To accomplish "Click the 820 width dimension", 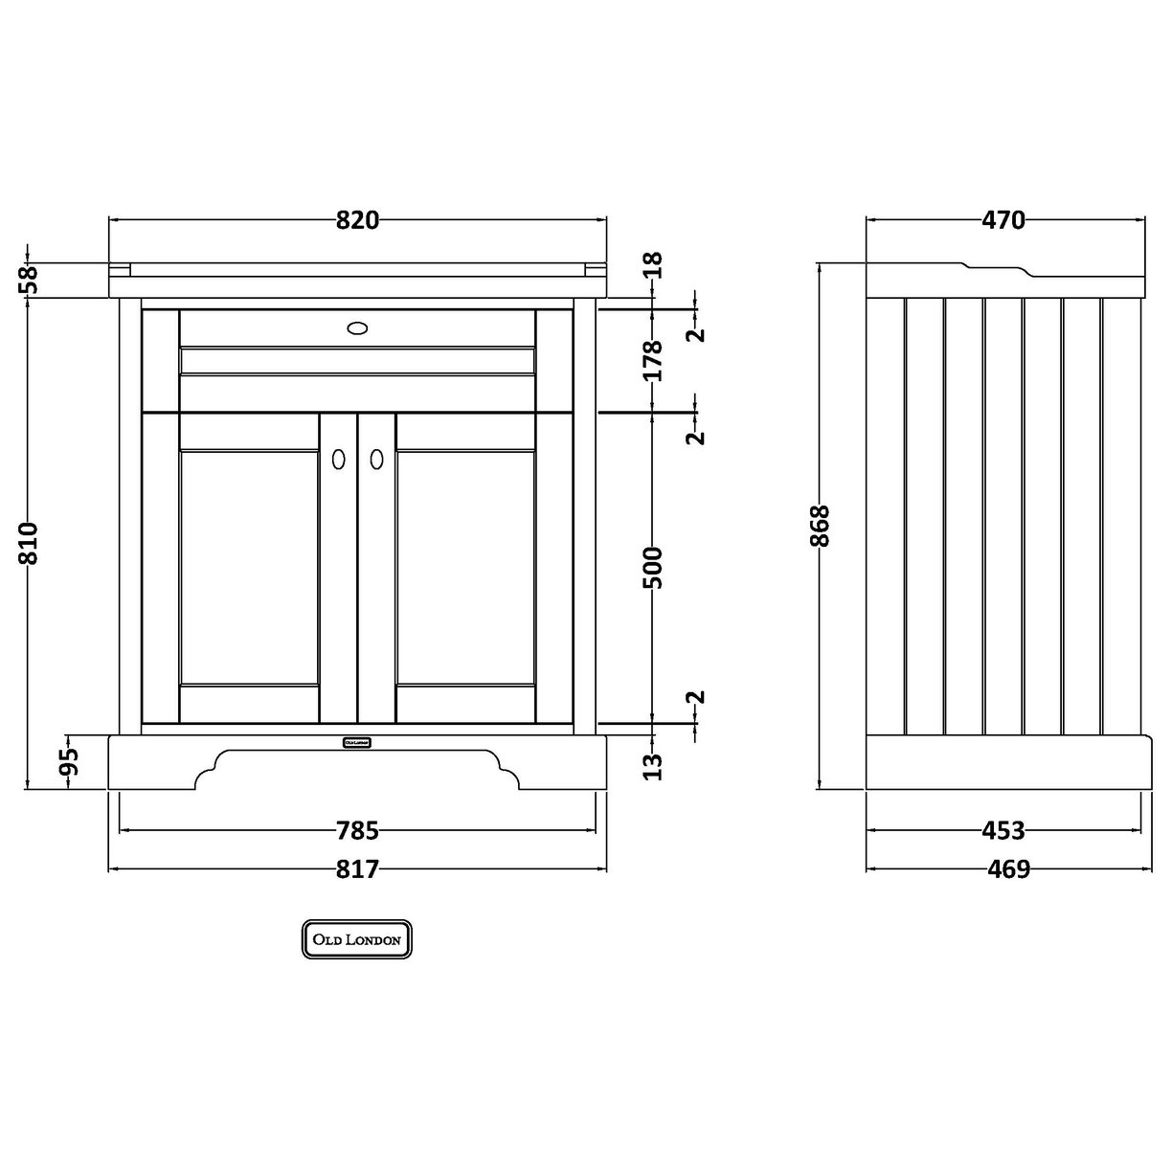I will (358, 220).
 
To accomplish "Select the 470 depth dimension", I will (1003, 220).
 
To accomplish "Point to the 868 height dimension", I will (821, 526).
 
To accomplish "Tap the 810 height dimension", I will (29, 543).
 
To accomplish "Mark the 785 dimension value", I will (357, 830).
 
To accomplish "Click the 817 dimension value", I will (357, 868).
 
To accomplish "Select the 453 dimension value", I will (1003, 830).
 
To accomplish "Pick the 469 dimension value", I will (1003, 868).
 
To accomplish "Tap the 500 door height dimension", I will (653, 567).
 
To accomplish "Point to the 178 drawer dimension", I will (653, 360).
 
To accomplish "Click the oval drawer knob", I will (357, 328).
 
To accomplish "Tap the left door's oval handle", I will (337, 460).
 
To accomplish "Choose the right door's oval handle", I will (376, 460).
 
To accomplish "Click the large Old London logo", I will (357, 939).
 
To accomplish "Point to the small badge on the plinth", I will (357, 741).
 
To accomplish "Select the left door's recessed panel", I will (249, 567).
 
